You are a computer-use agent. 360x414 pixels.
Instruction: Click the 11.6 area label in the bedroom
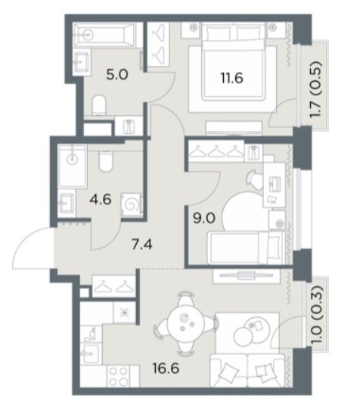231,79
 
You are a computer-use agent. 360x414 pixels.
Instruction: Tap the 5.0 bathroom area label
117,75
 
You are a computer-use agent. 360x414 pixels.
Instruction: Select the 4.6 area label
101,200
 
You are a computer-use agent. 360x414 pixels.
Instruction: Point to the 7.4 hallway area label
142,245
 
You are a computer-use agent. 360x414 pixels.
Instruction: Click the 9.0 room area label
204,219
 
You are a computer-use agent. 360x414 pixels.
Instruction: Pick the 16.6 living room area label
166,369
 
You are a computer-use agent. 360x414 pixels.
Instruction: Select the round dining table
185,324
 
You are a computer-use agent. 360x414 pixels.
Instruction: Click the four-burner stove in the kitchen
119,377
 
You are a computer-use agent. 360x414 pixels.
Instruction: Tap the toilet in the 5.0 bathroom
100,105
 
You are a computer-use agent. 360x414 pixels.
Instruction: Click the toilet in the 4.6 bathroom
106,161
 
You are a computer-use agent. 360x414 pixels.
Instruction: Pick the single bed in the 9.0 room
247,247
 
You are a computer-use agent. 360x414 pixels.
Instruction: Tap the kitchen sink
90,353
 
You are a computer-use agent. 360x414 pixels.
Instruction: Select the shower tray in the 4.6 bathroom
73,167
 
